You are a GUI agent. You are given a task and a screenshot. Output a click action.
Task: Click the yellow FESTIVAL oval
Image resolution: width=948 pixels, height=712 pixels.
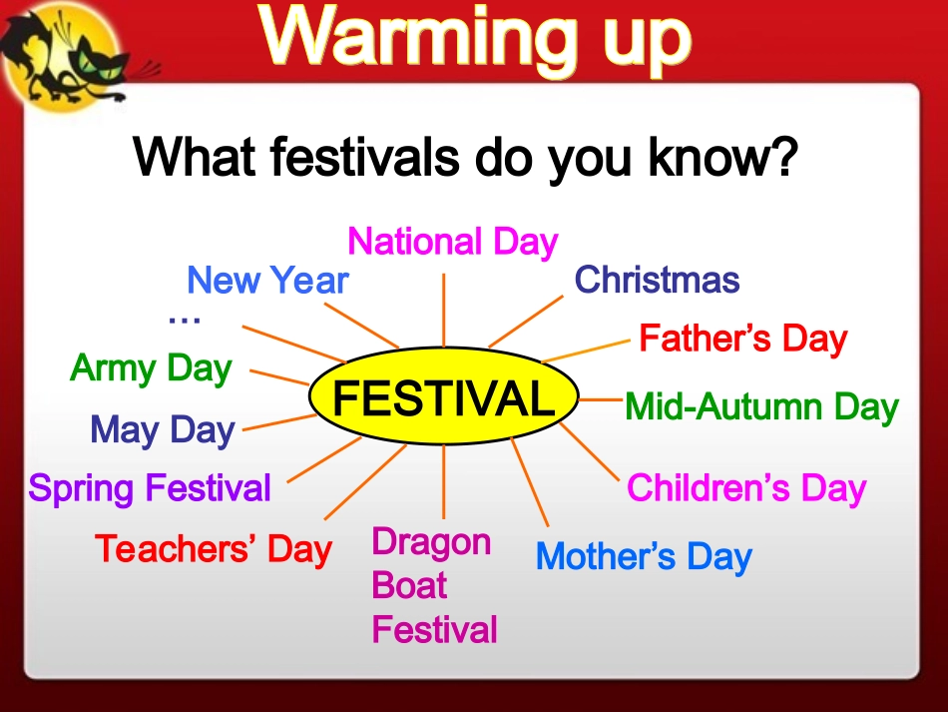point(444,396)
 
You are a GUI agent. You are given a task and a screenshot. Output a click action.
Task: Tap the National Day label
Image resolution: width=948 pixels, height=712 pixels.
point(453,242)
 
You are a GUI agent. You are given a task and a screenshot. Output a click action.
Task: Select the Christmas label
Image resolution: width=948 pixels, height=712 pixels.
point(658,280)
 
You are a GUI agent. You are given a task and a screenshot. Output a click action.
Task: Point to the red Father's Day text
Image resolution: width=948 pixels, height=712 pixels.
point(743,339)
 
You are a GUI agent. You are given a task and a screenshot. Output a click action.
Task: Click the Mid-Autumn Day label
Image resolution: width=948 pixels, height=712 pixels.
point(761,406)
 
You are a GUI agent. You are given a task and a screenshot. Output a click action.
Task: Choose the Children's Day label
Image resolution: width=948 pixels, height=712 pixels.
point(746,487)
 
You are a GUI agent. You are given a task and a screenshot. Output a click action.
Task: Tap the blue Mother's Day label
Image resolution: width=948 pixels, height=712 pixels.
point(644,556)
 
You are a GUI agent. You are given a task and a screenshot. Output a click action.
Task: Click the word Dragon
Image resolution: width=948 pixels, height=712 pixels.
point(431,542)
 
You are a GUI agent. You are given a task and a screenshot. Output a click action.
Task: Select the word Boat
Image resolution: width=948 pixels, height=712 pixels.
point(409,585)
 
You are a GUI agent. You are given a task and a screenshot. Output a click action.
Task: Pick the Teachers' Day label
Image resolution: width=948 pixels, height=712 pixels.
point(214,549)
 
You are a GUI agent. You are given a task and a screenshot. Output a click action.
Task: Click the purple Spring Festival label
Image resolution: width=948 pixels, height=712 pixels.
point(150,488)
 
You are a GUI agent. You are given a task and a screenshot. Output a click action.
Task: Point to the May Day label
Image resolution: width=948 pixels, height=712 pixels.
point(162,430)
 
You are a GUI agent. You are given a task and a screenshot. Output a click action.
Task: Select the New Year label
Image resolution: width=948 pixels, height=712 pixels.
point(267,280)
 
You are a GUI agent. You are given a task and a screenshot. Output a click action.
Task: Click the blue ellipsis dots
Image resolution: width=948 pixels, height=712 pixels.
point(185,320)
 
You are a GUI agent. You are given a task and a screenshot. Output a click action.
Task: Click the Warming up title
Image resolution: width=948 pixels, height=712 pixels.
point(475,38)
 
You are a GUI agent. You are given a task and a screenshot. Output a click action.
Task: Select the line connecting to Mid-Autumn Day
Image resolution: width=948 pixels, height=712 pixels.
point(601,399)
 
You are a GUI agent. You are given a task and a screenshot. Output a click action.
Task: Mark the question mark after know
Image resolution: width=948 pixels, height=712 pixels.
point(784,156)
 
